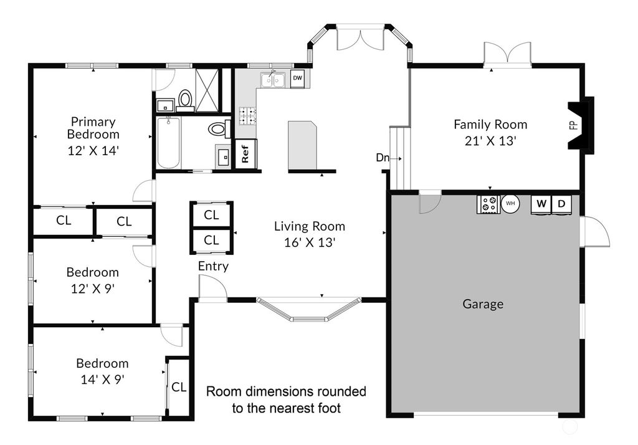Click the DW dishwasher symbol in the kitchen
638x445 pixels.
pyautogui.click(x=297, y=78)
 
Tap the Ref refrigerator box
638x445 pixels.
pyautogui.click(x=245, y=153)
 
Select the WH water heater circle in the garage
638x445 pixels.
pyautogui.click(x=510, y=203)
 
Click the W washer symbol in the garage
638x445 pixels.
pyautogui.click(x=541, y=204)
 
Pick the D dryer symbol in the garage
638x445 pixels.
pyautogui.click(x=561, y=204)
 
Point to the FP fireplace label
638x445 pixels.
pyautogui.click(x=574, y=125)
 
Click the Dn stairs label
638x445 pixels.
pyautogui.click(x=383, y=158)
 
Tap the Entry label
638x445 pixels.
pyautogui.click(x=213, y=266)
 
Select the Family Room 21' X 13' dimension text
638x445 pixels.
pyautogui.click(x=491, y=141)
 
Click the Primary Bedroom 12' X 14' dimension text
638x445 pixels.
pyautogui.click(x=93, y=151)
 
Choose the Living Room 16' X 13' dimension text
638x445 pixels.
pyautogui.click(x=310, y=242)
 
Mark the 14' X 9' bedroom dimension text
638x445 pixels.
pyautogui.click(x=103, y=380)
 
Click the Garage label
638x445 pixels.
pyautogui.click(x=483, y=304)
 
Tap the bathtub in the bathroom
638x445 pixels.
pyautogui.click(x=168, y=143)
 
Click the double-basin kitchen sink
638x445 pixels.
pyautogui.click(x=273, y=80)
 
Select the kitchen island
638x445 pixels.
pyautogui.click(x=302, y=145)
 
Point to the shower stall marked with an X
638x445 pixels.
pyautogui.click(x=207, y=90)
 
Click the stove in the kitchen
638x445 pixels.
pyautogui.click(x=247, y=116)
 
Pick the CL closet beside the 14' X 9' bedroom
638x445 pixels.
pyautogui.click(x=179, y=387)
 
